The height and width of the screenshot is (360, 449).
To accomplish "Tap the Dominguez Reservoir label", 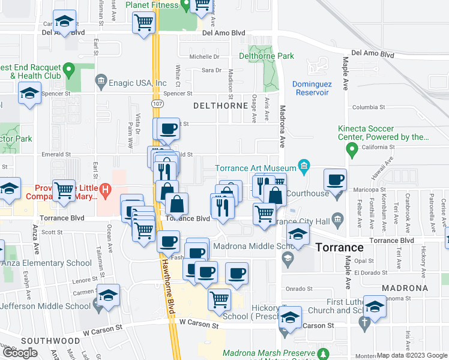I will coord(311,88).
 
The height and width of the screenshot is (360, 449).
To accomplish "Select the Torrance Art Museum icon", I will coord(304,166).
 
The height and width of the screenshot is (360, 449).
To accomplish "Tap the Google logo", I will coord(20,353).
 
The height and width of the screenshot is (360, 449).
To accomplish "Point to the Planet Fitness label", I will coord(152,5).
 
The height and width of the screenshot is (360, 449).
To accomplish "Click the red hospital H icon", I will coord(105,192).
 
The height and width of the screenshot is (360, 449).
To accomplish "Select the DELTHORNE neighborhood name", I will coord(220,106).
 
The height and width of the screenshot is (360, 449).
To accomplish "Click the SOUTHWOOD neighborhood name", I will coord(41,340).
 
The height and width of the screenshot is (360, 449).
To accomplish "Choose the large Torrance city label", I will coord(339,247).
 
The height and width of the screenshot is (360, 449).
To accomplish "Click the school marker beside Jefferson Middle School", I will coord(108,296).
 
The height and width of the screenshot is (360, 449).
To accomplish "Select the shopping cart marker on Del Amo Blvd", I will coord(144,23).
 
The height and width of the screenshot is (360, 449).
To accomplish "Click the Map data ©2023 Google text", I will coord(412,355).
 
